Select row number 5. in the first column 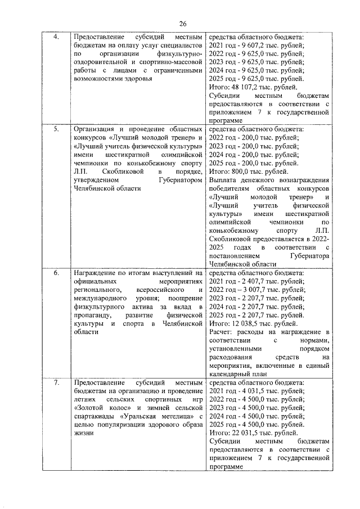click(56, 129)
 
